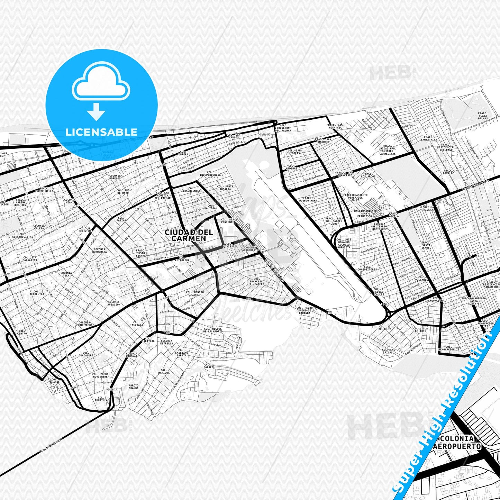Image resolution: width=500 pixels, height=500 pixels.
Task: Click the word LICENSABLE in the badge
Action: tap(101, 132)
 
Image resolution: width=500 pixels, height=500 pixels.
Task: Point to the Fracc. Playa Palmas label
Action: tap(483, 116)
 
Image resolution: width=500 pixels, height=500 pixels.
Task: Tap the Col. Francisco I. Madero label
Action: tap(256, 281)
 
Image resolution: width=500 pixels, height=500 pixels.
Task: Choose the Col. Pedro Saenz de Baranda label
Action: tap(304, 310)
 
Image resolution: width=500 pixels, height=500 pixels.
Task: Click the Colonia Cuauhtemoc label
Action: tap(85, 324)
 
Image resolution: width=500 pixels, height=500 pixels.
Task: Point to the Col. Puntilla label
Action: tap(103, 399)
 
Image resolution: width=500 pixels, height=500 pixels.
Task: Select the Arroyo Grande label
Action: tap(133, 387)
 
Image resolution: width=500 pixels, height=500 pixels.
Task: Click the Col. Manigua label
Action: tap(164, 371)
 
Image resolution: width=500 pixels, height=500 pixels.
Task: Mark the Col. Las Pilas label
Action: tap(389, 352)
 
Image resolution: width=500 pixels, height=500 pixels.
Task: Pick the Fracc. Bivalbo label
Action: tap(449, 172)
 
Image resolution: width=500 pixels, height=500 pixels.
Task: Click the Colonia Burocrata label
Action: tap(100, 251)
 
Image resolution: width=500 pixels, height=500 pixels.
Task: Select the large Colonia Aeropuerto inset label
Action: tap(457, 443)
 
